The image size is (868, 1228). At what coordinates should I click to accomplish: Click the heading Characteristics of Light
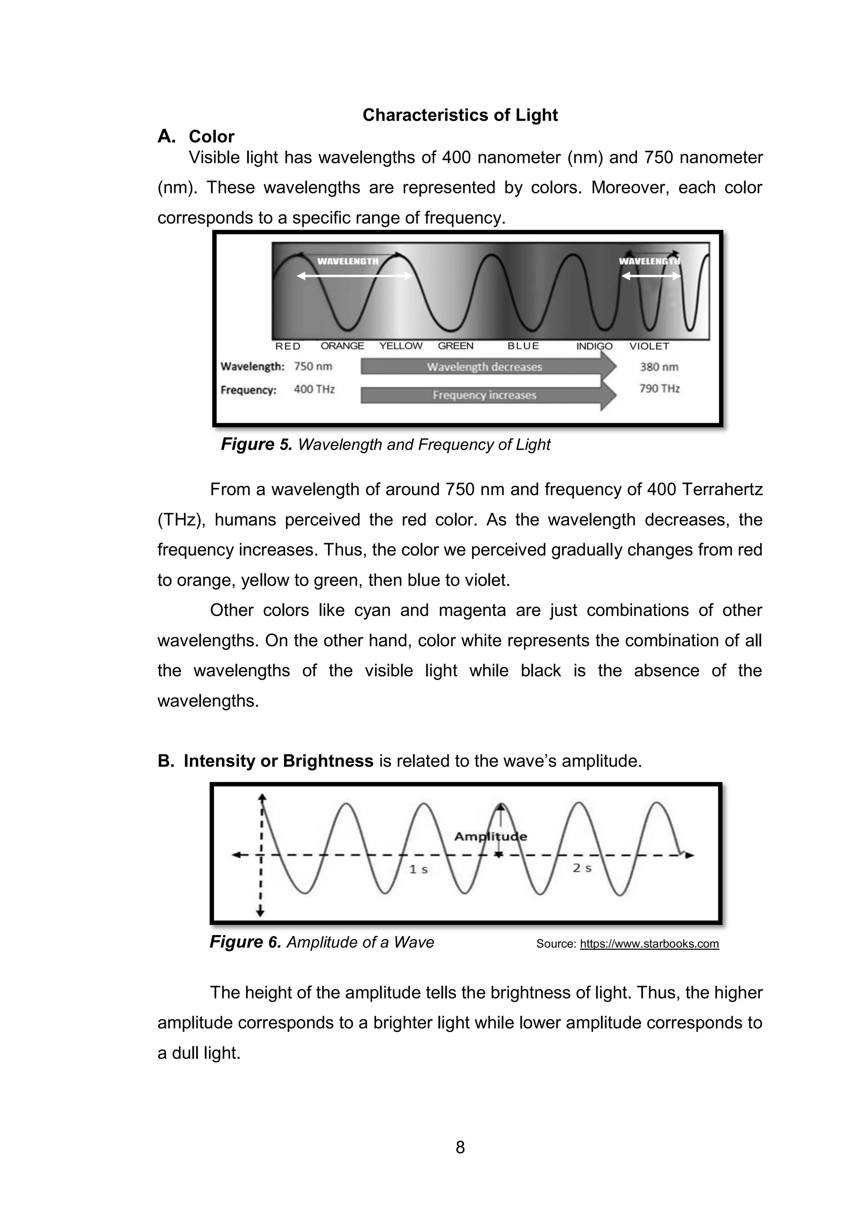click(460, 115)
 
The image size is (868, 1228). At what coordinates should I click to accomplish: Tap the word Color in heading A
click(211, 137)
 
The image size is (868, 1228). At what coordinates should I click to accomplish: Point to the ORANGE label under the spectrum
click(342, 346)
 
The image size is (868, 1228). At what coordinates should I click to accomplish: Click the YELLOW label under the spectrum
click(401, 346)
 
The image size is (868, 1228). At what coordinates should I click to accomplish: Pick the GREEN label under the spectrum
click(455, 346)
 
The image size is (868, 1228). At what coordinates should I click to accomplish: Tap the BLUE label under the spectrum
click(523, 346)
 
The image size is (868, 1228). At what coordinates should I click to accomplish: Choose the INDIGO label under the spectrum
click(594, 346)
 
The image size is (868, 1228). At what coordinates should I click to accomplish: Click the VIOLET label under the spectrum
click(649, 346)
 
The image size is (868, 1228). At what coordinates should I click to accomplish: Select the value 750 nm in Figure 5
click(313, 366)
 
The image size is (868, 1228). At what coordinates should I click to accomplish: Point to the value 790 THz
click(659, 389)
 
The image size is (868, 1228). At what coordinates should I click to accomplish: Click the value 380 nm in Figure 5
click(659, 367)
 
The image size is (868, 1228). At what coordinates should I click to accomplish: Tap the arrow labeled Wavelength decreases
click(484, 367)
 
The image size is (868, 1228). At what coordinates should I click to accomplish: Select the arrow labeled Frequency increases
click(484, 395)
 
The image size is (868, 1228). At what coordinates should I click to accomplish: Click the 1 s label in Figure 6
click(418, 870)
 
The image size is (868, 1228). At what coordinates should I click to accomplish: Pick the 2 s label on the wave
click(581, 868)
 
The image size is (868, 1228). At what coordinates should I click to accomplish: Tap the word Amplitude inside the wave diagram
click(490, 837)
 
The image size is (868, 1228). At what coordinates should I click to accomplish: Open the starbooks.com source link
click(649, 944)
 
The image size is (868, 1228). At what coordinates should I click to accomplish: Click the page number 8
click(460, 1147)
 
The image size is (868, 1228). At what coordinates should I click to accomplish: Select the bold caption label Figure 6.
click(245, 942)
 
